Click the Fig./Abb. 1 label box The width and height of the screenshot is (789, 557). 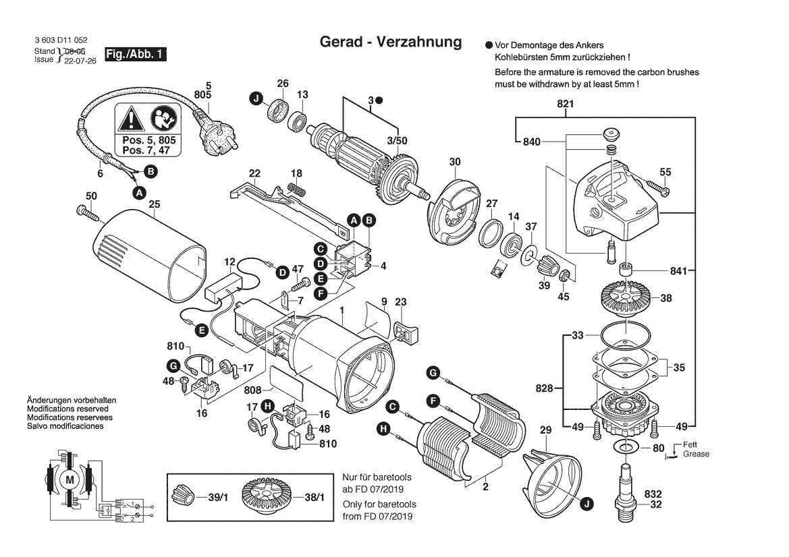point(134,55)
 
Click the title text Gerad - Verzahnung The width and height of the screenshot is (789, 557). point(390,42)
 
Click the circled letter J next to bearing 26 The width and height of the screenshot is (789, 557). point(256,99)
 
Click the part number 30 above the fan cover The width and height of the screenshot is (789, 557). point(455,162)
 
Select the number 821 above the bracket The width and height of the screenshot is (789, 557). point(565,104)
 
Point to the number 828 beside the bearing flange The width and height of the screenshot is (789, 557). point(545,388)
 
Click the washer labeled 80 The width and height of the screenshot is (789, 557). point(627,448)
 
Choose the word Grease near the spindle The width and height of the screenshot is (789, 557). point(696,455)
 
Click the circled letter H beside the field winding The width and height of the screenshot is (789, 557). point(383,428)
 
